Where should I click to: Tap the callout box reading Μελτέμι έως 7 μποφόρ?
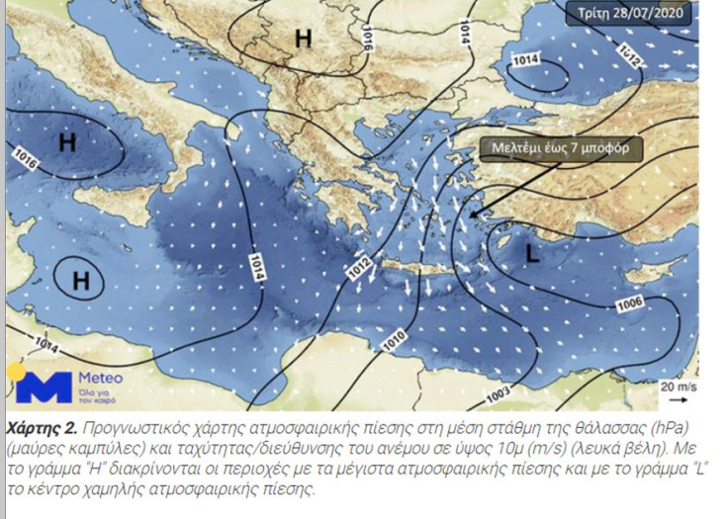click(x=561, y=148)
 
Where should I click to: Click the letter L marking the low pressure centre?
click(x=532, y=254)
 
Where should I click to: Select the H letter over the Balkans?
click(x=304, y=38)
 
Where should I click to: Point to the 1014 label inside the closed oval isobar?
click(x=524, y=61)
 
